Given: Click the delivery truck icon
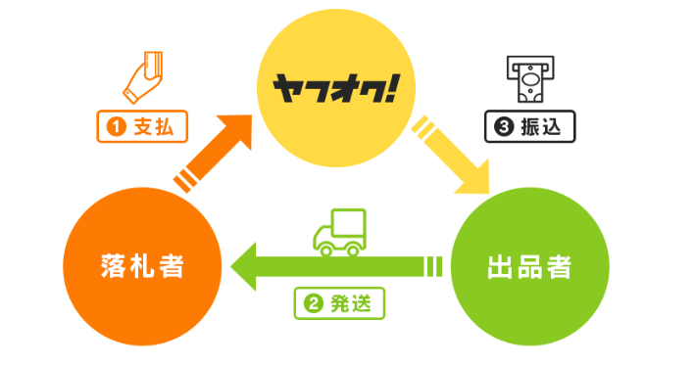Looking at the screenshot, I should [339, 232].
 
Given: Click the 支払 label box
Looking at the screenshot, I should [143, 126].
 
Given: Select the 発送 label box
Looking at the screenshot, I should [339, 302].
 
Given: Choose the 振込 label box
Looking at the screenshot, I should [529, 126].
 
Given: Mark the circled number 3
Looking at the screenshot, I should [502, 126].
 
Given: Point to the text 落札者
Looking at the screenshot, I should [141, 265].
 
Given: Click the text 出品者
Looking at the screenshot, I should [528, 265].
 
